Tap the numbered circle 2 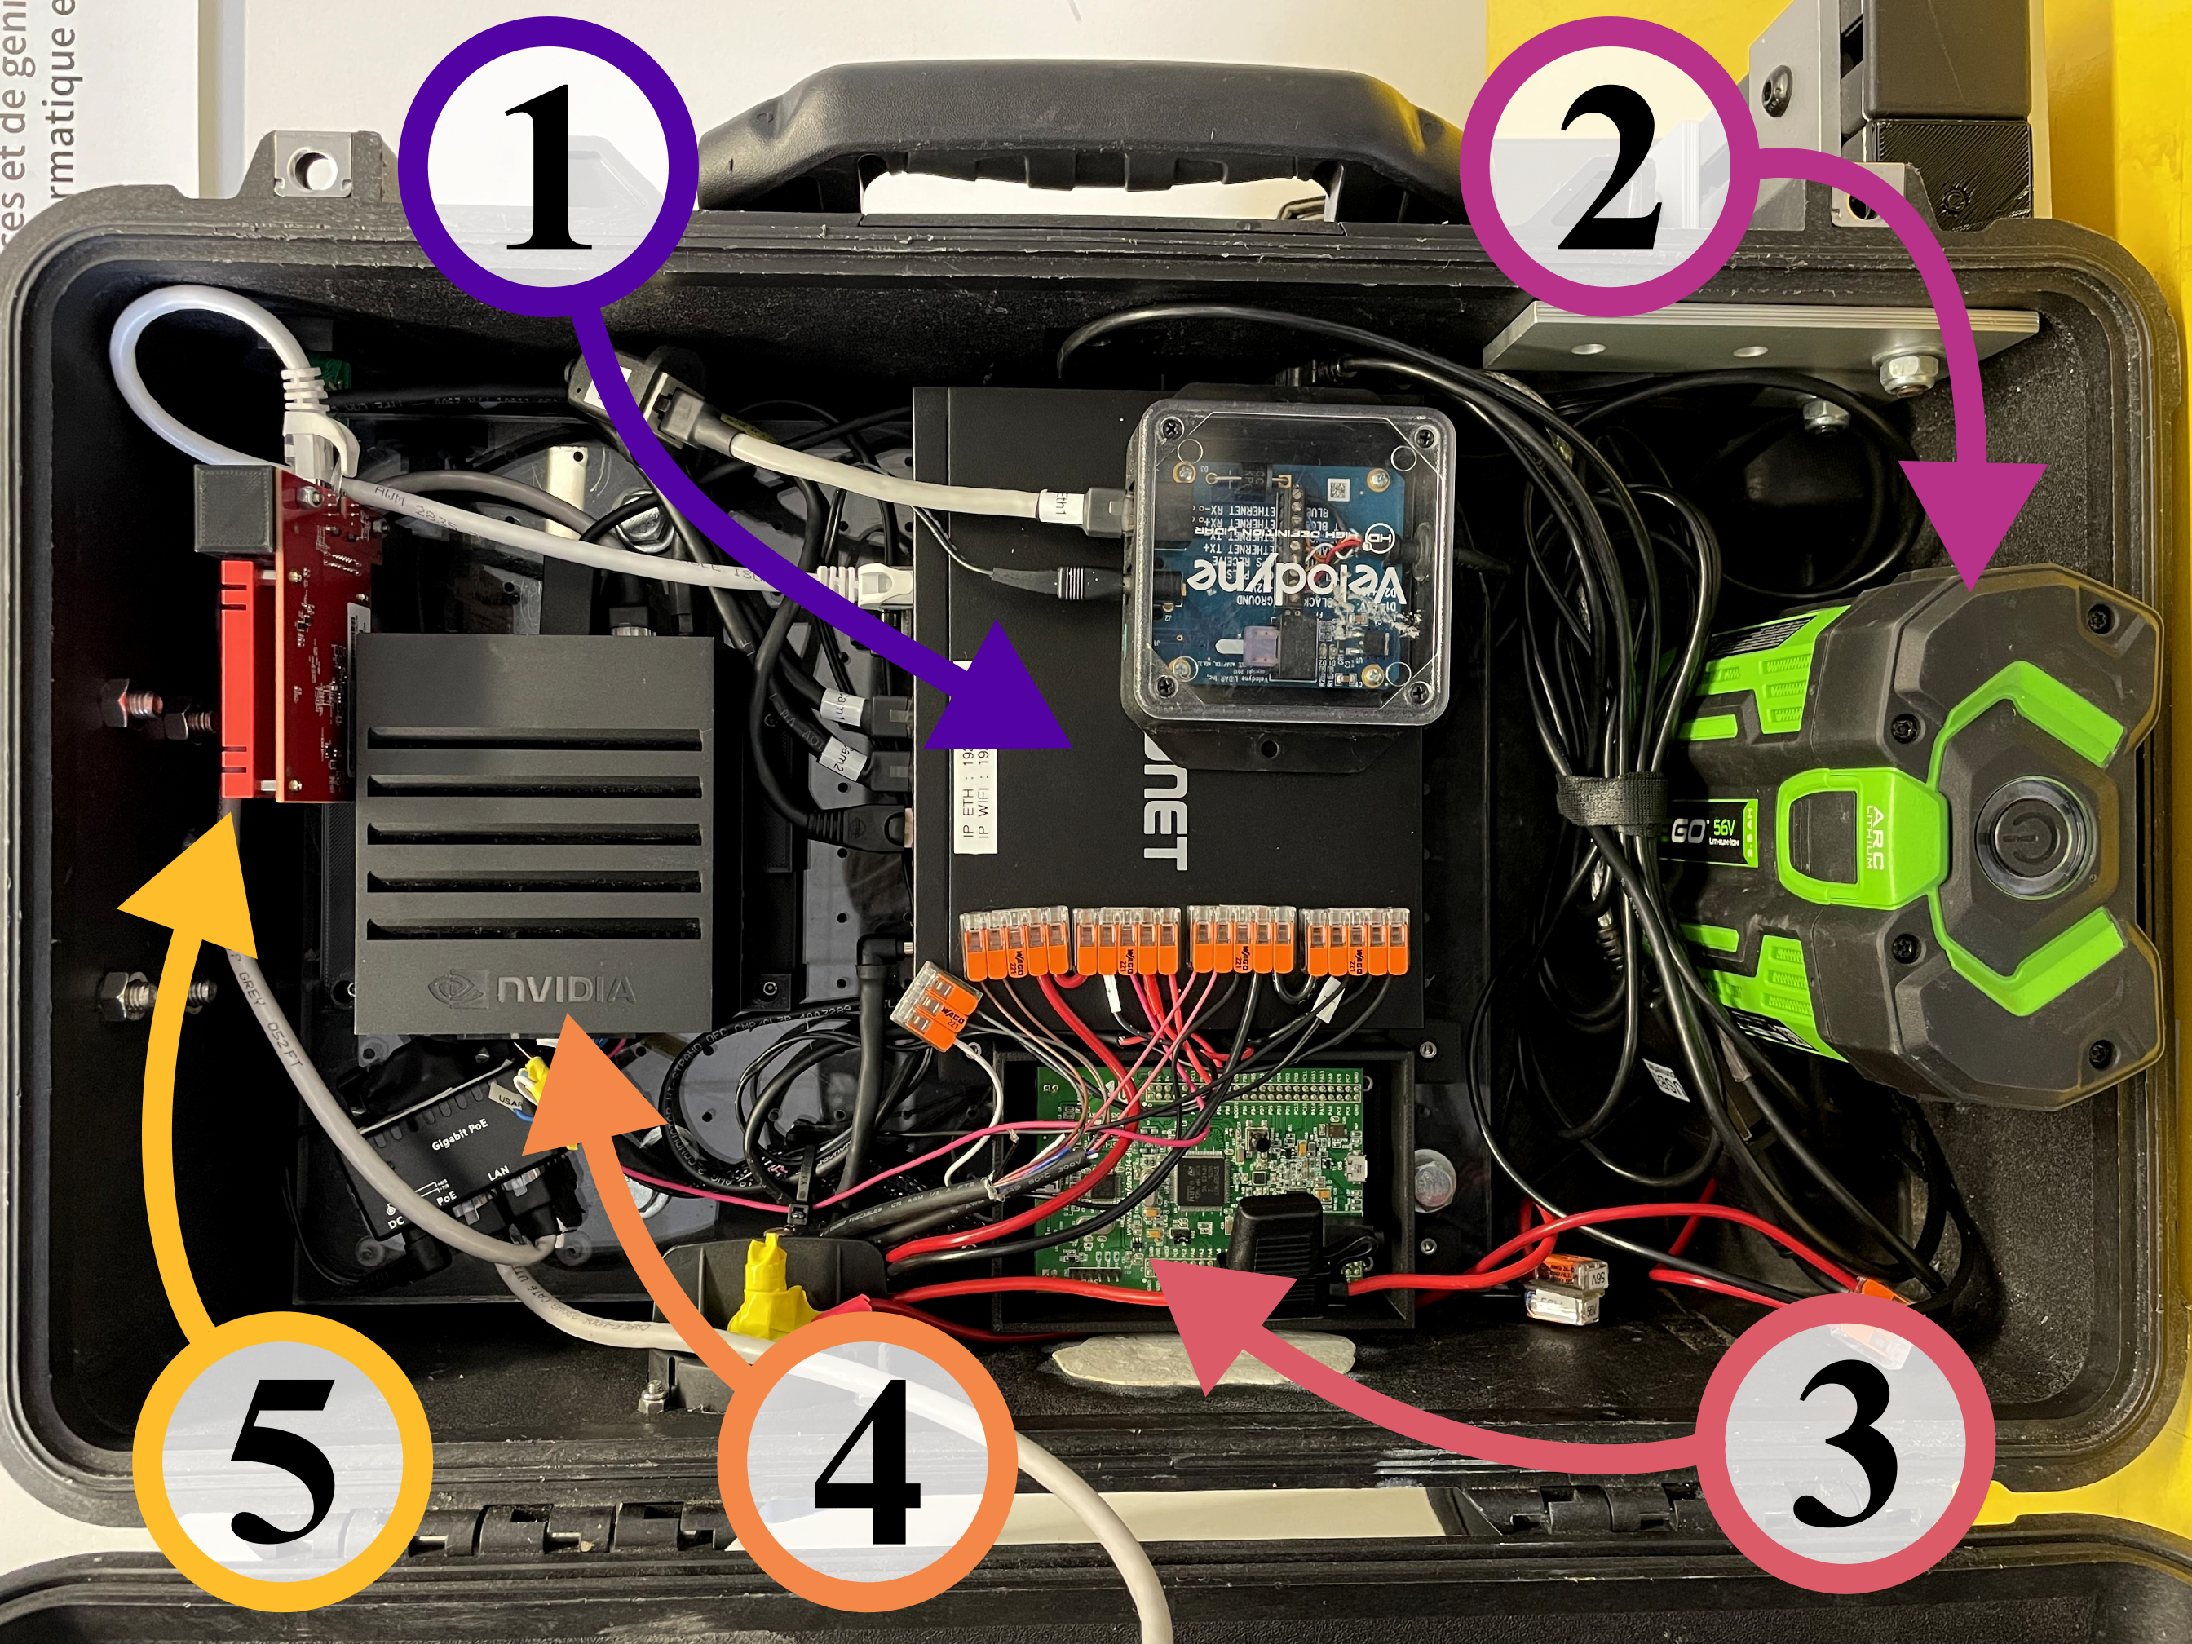[x=1611, y=169]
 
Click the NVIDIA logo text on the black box [x=565, y=989]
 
